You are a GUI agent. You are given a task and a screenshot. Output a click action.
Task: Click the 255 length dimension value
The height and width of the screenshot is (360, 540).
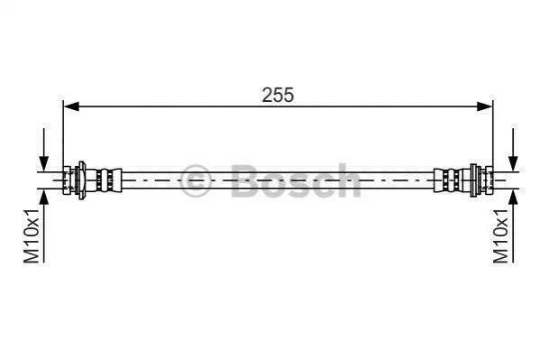[x=278, y=95]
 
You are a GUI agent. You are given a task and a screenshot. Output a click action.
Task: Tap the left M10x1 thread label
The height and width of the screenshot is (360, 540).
[x=32, y=235]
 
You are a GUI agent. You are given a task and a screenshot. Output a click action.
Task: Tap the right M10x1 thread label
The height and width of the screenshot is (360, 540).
[x=500, y=235]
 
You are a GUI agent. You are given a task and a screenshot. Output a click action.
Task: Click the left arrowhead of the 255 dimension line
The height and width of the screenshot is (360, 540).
[x=71, y=106]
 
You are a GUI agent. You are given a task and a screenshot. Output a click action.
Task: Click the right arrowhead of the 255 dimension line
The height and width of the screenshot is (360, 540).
[x=484, y=106]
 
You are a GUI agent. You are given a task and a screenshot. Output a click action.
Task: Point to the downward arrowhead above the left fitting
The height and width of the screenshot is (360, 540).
[x=44, y=163]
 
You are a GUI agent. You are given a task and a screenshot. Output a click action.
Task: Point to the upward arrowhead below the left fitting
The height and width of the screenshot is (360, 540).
[x=44, y=197]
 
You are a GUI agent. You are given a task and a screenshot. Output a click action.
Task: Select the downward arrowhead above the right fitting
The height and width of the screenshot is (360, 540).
[x=513, y=163]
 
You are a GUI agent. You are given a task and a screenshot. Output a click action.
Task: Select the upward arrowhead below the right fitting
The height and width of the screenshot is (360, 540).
[x=513, y=197]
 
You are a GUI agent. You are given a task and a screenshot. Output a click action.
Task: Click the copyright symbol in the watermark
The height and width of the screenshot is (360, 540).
[x=196, y=180]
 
